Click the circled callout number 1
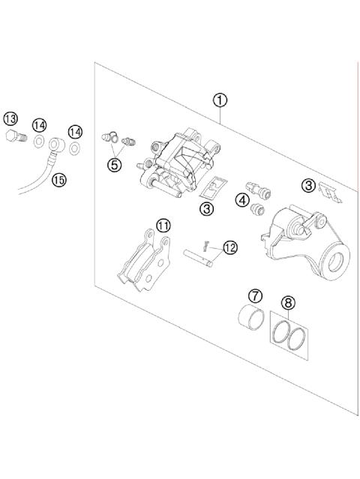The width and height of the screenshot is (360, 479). pyautogui.click(x=220, y=99)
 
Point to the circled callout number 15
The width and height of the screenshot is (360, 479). pyautogui.click(x=58, y=178)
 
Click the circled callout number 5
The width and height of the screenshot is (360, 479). pyautogui.click(x=113, y=165)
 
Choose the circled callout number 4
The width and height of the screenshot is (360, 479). pyautogui.click(x=242, y=199)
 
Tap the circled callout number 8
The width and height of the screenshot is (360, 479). pyautogui.click(x=288, y=304)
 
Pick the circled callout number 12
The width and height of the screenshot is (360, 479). pyautogui.click(x=229, y=246)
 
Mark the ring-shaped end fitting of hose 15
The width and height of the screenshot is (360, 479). pyautogui.click(x=57, y=143)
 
